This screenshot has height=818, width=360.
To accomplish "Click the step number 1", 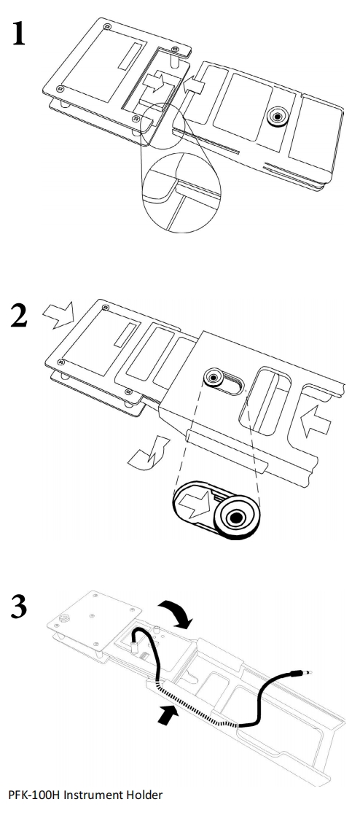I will click(20, 35).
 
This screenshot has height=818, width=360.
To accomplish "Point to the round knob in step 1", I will click(276, 117).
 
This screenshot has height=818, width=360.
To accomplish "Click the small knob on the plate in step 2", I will click(214, 378).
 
